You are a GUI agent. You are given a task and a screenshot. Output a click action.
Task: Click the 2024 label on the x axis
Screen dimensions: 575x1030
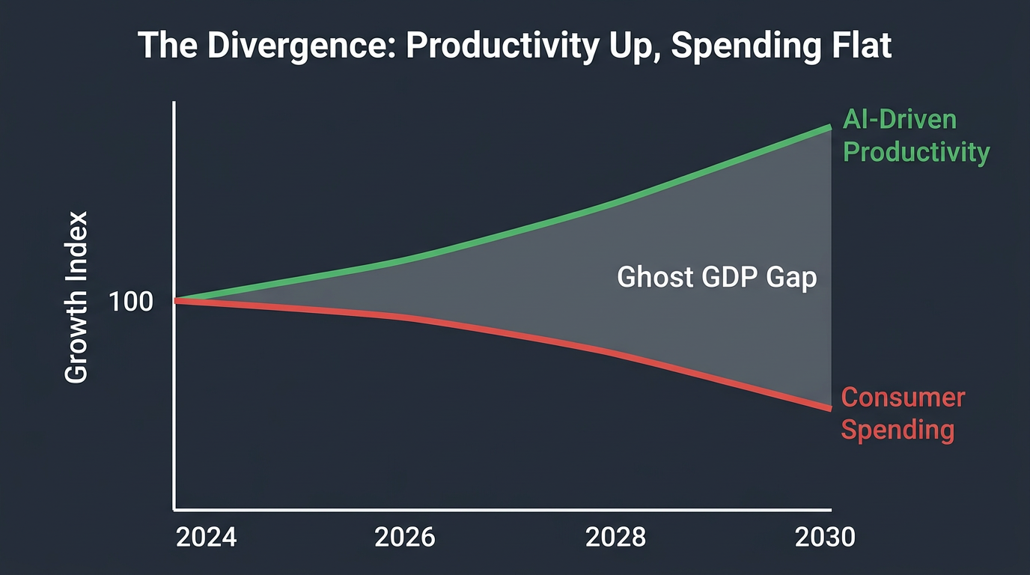coord(206,538)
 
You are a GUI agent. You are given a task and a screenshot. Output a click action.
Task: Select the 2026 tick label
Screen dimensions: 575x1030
coord(404,538)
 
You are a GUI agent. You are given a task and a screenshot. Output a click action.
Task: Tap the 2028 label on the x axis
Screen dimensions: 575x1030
coord(615,538)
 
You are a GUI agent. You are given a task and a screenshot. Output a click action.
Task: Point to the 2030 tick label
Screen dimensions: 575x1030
coord(825,538)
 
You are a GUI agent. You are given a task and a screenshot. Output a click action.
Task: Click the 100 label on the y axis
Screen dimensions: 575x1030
coord(130,302)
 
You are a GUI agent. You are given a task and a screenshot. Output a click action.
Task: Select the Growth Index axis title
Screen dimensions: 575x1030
coord(76,297)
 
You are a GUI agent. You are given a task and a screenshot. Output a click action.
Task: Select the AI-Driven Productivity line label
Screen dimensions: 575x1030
coord(915,136)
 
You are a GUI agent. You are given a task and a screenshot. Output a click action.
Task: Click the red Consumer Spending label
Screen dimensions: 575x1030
coord(902,413)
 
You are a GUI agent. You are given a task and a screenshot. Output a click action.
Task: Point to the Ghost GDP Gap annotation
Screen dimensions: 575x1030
coord(716,278)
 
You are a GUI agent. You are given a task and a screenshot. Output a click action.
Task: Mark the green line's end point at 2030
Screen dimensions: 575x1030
coord(830,128)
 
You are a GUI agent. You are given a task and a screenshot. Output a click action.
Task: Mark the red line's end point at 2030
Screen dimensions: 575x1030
coord(830,408)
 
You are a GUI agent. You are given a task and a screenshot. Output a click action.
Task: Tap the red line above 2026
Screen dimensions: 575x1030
coord(404,317)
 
